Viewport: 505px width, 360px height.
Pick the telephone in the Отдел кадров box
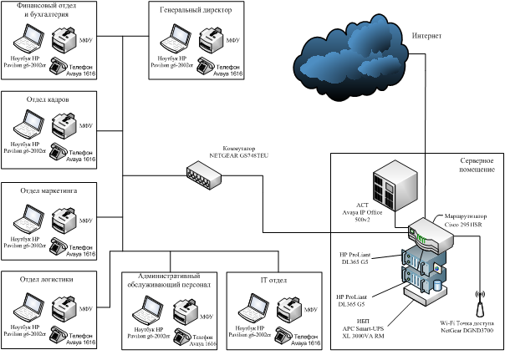pyautogui.click(x=58, y=151)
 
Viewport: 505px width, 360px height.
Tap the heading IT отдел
pyautogui.click(x=273, y=280)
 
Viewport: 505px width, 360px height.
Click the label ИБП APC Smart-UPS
pyautogui.click(x=366, y=323)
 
